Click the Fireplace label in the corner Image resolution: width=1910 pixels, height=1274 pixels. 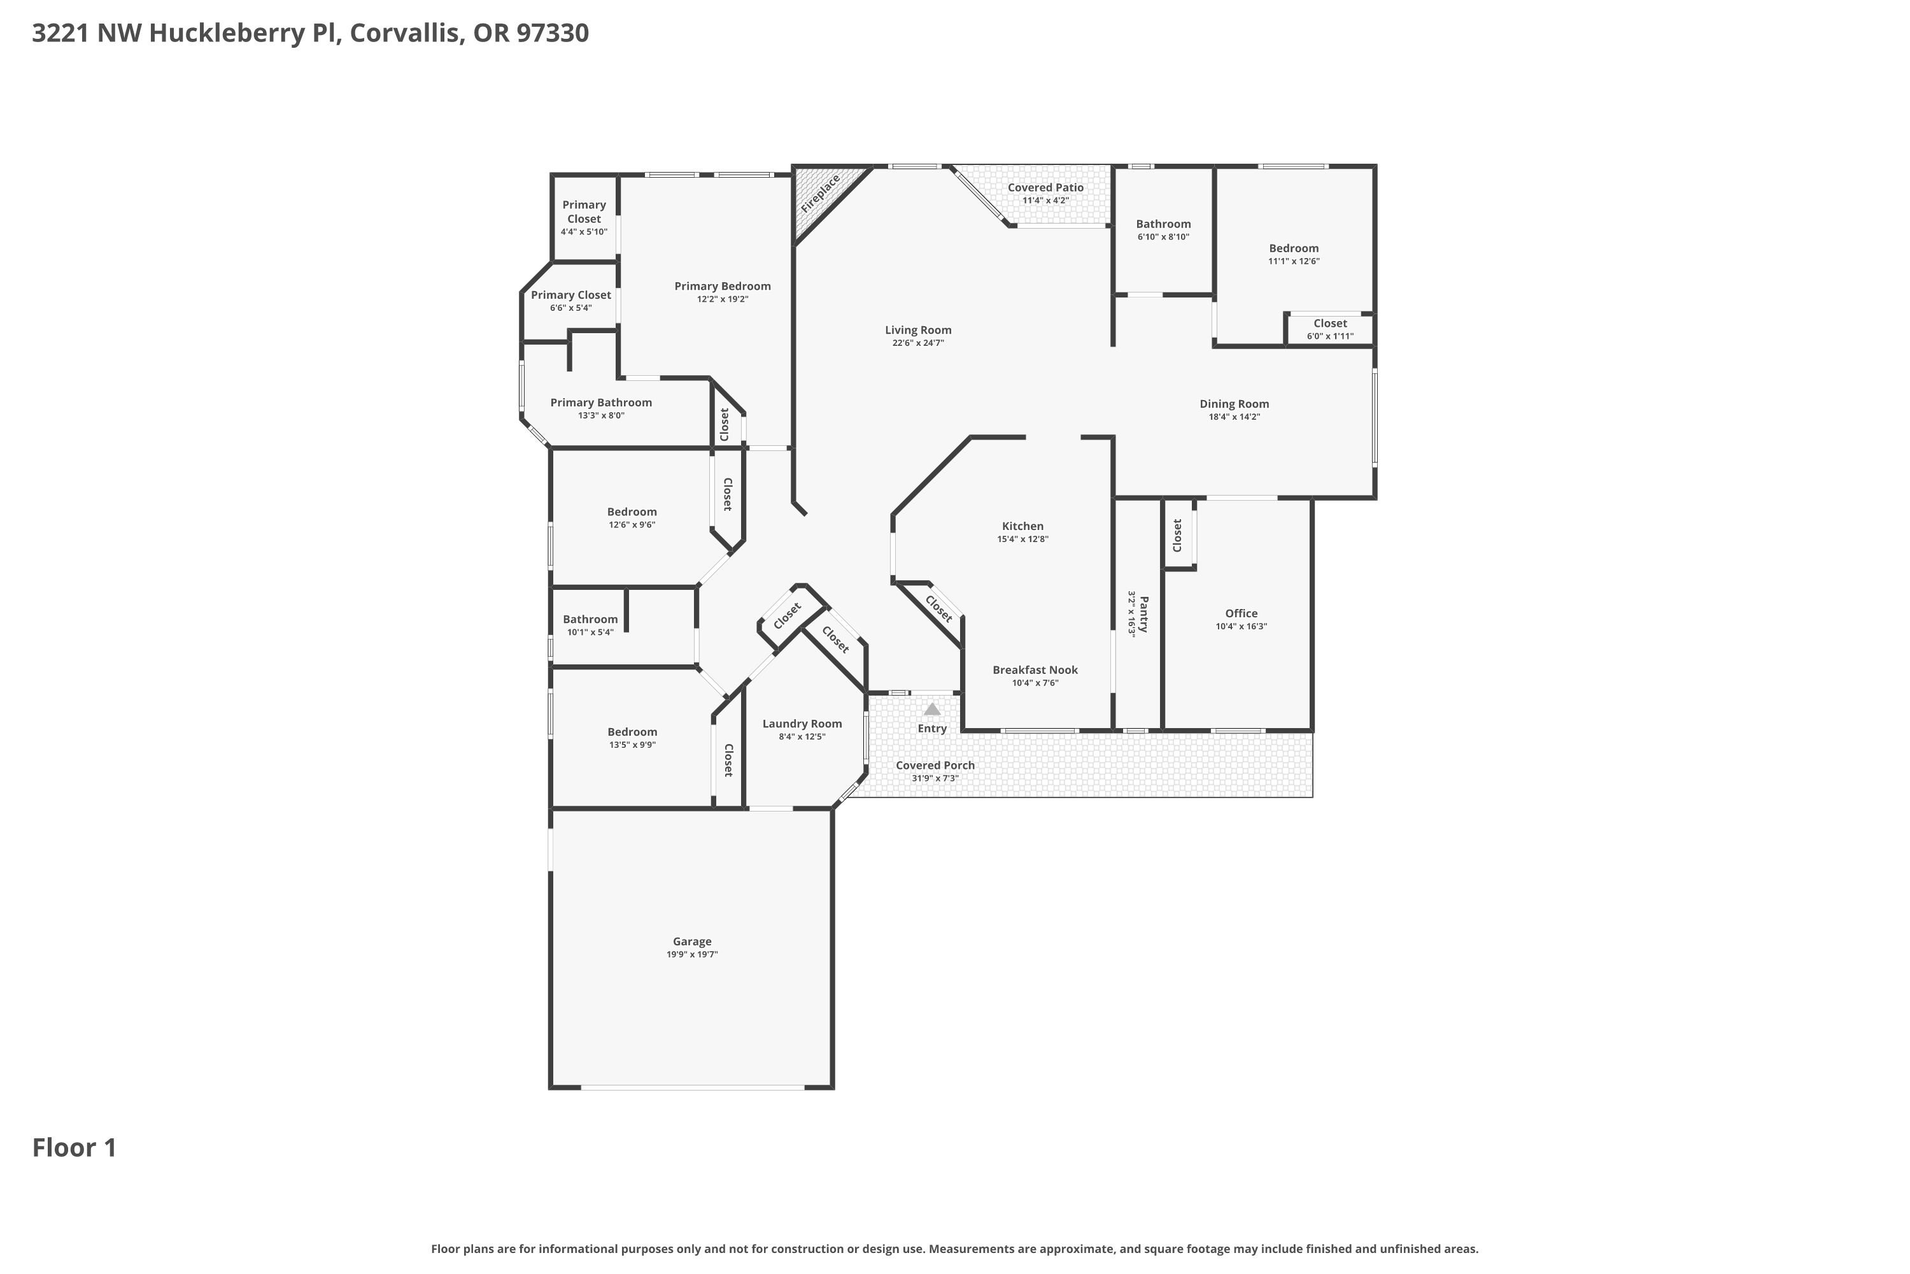(819, 194)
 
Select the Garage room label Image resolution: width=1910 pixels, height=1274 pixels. (692, 941)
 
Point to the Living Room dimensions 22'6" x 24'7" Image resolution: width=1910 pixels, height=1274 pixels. (917, 343)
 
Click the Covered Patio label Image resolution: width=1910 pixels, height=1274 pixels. (1045, 188)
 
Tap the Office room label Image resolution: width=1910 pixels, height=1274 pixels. (1241, 613)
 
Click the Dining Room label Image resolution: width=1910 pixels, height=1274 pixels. (1234, 404)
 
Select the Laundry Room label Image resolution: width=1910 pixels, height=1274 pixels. (802, 724)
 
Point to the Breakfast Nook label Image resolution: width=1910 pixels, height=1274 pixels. (1035, 670)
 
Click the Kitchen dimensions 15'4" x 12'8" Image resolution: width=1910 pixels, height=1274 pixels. (1023, 539)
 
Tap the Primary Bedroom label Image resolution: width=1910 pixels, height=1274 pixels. (723, 286)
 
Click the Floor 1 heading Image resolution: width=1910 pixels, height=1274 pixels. (74, 1147)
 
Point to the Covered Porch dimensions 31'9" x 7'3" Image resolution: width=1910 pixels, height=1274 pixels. (935, 778)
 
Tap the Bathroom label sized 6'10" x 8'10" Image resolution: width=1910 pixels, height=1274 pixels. (1164, 224)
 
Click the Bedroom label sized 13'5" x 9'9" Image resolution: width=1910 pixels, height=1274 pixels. (633, 732)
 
